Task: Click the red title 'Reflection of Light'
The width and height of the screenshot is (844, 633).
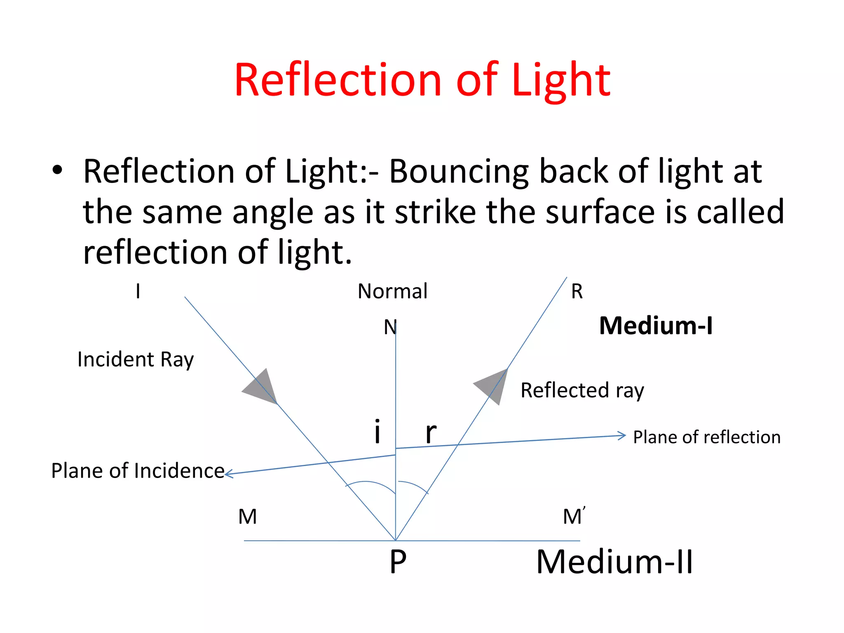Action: click(x=422, y=80)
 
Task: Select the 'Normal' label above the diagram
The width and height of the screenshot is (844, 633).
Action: click(x=392, y=291)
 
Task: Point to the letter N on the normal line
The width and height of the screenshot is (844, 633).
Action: click(x=389, y=328)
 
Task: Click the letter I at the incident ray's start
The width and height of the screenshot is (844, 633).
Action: click(x=138, y=292)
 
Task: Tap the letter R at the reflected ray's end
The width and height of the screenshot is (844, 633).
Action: click(x=577, y=292)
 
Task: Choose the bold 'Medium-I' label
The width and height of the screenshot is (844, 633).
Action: click(x=656, y=326)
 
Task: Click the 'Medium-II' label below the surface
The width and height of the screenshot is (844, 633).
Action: click(x=614, y=562)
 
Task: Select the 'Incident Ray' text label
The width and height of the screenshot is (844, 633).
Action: click(x=136, y=360)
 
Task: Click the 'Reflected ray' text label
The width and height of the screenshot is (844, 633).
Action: click(x=582, y=391)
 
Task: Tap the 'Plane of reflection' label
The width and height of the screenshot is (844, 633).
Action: click(x=707, y=437)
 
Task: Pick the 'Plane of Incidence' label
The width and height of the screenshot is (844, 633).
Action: click(x=138, y=471)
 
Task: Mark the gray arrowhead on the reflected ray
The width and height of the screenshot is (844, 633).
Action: click(x=492, y=385)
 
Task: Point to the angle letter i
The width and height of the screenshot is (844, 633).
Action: click(x=377, y=431)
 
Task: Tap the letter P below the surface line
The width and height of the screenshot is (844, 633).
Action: click(x=398, y=562)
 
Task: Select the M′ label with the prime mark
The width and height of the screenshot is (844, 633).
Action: click(x=574, y=516)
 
